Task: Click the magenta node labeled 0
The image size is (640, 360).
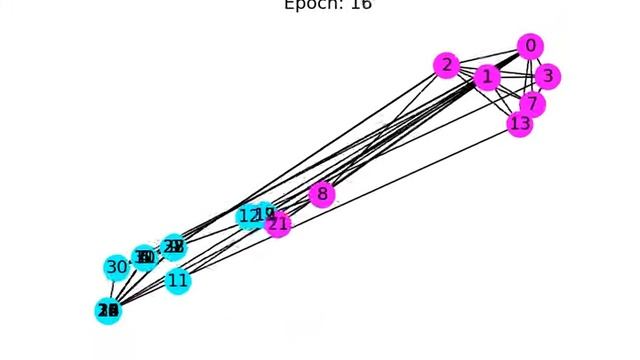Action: [x=531, y=46]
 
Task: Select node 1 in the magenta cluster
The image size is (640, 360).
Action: [x=487, y=77]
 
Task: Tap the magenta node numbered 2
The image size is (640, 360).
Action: [x=447, y=66]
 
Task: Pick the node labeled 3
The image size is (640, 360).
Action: [x=546, y=76]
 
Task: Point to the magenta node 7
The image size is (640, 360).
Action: [x=533, y=103]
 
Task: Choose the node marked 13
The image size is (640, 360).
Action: [x=519, y=124]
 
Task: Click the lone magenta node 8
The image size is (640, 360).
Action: [x=321, y=194]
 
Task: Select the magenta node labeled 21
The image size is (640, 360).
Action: [x=279, y=224]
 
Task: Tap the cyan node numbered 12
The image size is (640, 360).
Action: [x=248, y=216]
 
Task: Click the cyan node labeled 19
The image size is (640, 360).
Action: [x=265, y=214]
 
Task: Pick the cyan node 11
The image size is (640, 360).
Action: [x=177, y=281]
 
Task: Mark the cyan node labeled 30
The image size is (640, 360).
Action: [x=117, y=267]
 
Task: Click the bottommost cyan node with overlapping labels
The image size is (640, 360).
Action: [x=108, y=311]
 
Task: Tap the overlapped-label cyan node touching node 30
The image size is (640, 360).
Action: [x=145, y=258]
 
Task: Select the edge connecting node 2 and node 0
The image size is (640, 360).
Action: [x=489, y=56]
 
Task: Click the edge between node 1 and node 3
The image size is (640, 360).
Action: [x=516, y=76]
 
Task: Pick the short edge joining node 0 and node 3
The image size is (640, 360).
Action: [x=539, y=61]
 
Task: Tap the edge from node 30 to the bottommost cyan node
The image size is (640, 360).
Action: [x=113, y=289]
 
